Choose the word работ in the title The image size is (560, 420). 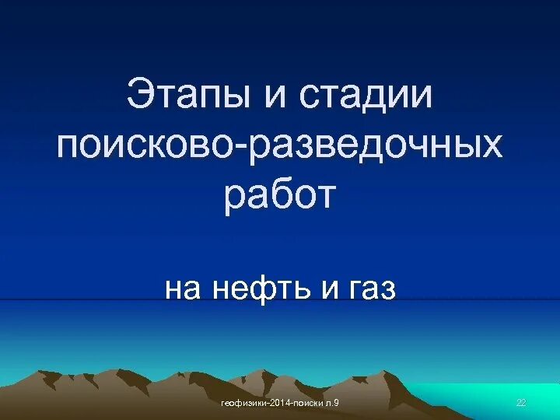tap(280, 196)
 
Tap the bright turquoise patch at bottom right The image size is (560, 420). tap(498, 393)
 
